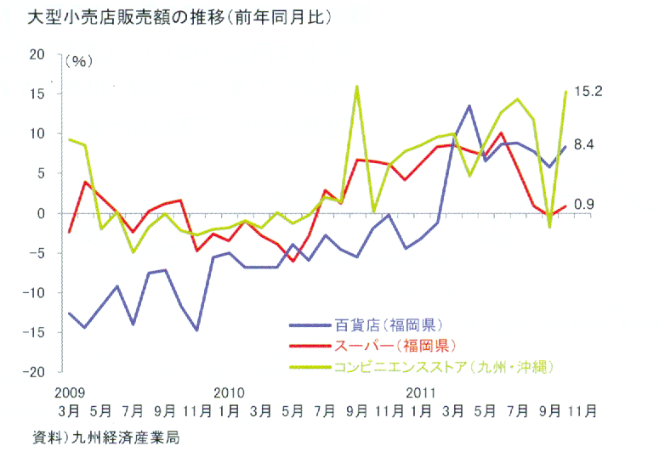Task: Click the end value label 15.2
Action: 588,91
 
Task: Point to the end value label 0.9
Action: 583,204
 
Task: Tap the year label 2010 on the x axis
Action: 230,392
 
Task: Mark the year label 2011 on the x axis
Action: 422,392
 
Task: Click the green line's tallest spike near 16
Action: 357,86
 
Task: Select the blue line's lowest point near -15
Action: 197,330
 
